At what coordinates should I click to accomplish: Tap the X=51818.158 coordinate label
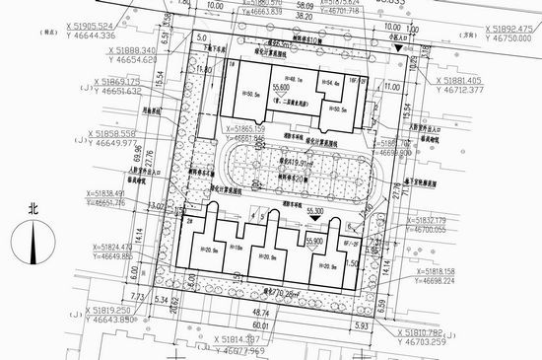coord(444,270)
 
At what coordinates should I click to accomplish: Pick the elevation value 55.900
coord(313,241)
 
